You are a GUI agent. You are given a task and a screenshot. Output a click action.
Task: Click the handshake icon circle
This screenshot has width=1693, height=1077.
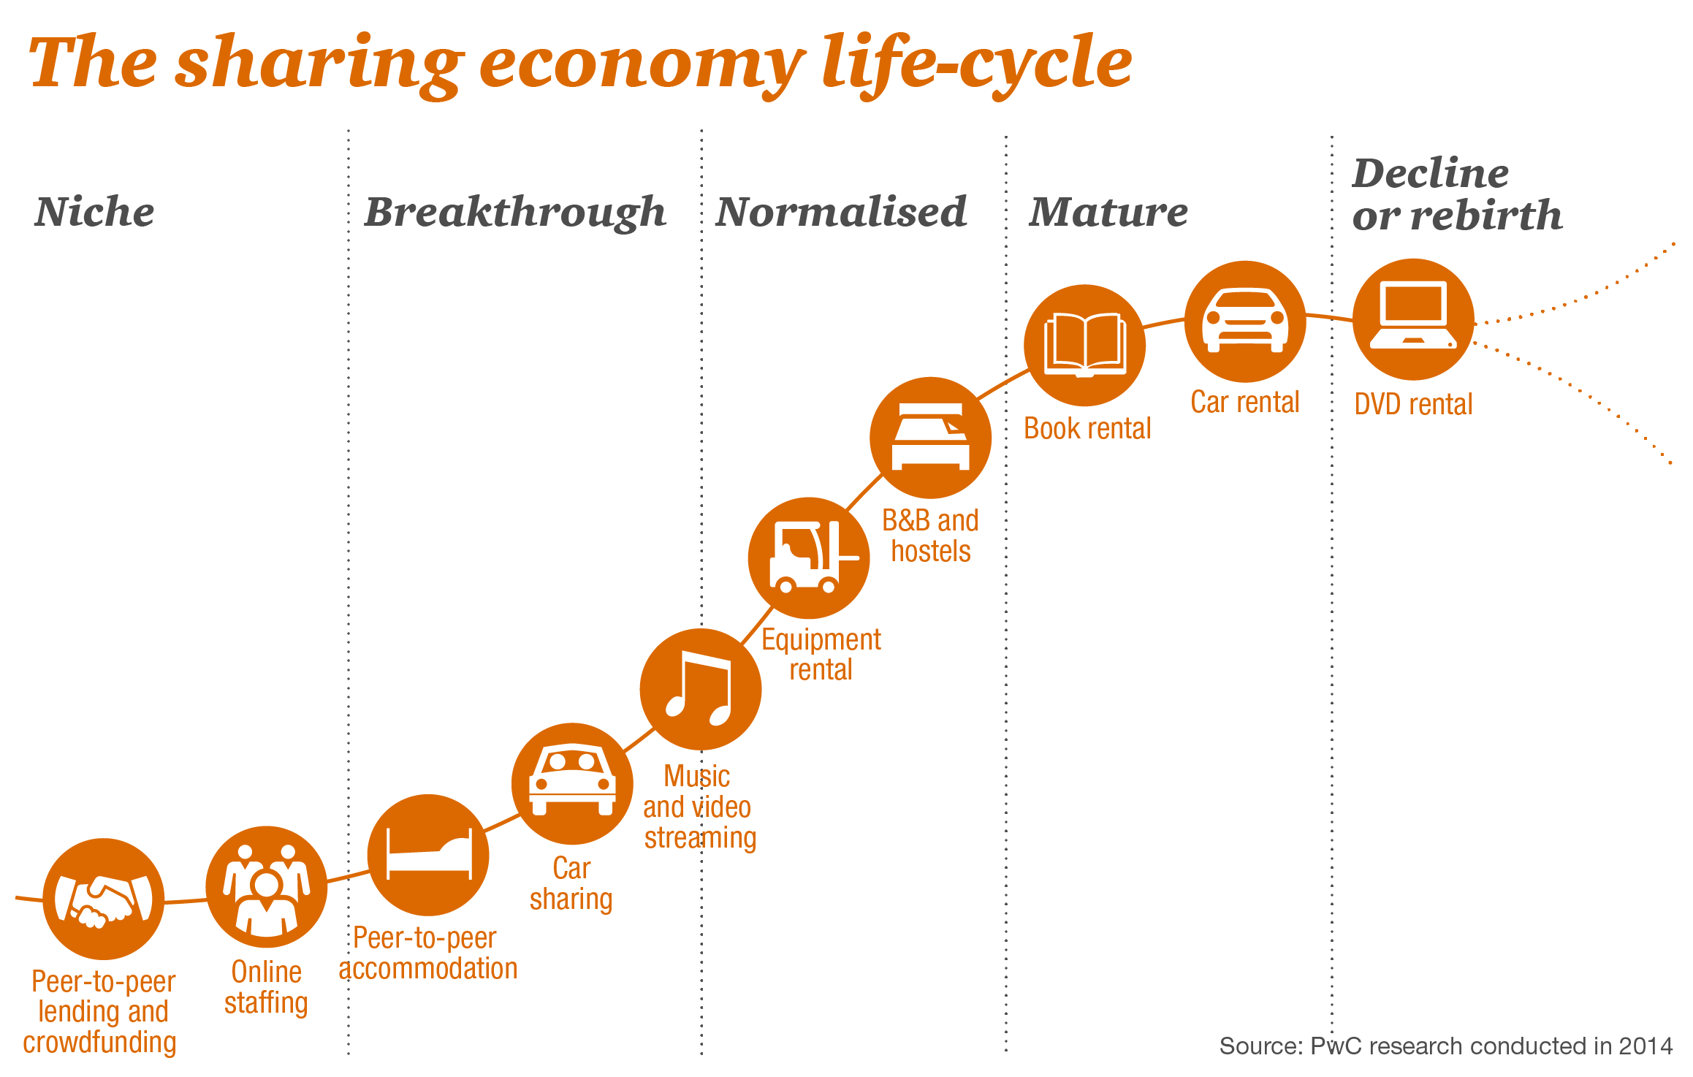click(x=104, y=899)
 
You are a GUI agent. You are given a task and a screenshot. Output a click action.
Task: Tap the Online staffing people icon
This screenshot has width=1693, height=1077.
click(x=267, y=887)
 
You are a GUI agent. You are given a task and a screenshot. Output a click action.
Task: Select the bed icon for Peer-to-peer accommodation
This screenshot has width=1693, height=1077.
click(x=428, y=855)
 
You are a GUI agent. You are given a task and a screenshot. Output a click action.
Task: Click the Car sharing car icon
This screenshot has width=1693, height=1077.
click(x=572, y=784)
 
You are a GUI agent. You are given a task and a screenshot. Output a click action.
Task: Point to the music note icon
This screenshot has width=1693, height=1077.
click(x=701, y=689)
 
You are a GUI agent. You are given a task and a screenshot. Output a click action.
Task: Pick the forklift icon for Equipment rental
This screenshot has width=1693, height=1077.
click(x=809, y=558)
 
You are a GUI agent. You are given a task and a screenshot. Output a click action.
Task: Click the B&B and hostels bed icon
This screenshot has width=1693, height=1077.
click(x=931, y=438)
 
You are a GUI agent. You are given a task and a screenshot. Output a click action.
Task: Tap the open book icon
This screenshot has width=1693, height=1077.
click(x=1085, y=346)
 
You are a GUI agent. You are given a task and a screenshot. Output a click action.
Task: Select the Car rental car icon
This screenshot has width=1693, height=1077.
click(x=1245, y=321)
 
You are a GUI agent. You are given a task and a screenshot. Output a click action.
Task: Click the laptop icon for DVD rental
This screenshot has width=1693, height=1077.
click(x=1414, y=319)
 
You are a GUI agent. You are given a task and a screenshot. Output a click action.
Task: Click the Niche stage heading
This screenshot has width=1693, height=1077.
click(x=94, y=212)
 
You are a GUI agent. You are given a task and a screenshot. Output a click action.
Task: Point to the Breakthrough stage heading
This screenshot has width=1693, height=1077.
click(x=515, y=213)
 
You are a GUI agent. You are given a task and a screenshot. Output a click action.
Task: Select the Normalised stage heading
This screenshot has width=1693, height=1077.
click(x=841, y=212)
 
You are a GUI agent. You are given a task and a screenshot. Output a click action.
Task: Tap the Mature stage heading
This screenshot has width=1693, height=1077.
click(x=1108, y=212)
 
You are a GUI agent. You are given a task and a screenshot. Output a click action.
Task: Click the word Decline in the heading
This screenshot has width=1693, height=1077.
click(x=1431, y=173)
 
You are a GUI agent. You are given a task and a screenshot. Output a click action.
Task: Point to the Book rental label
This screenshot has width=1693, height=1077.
click(x=1087, y=429)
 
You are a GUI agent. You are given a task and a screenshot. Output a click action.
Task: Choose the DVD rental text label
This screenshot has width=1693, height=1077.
click(x=1413, y=404)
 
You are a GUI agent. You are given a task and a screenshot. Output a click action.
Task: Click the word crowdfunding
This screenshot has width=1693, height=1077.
click(x=100, y=1043)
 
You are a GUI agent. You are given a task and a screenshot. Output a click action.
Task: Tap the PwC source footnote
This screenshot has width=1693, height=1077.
click(x=1446, y=1046)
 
